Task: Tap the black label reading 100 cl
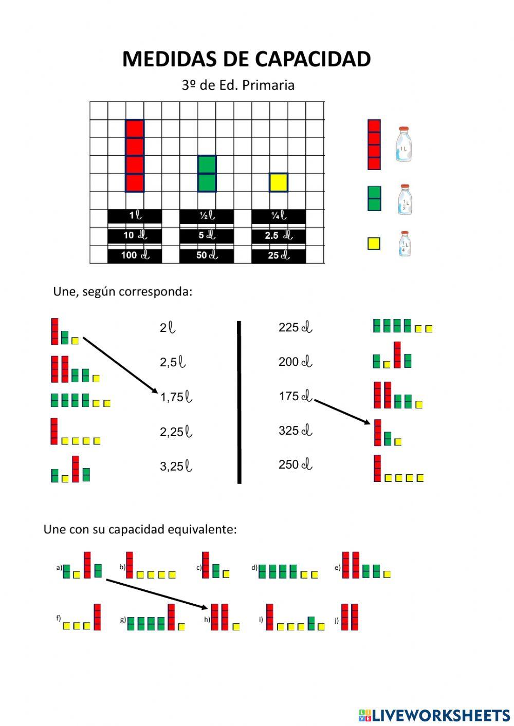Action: (135, 255)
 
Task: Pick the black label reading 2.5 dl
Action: (279, 236)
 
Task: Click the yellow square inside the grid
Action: (279, 182)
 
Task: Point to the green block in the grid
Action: (207, 174)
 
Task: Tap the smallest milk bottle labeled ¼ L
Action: (405, 244)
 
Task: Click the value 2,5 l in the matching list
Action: (173, 362)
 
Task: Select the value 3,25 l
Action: (176, 467)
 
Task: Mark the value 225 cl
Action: (295, 327)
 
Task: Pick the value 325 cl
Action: (295, 431)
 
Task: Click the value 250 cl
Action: (295, 464)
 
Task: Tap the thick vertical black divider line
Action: (239, 402)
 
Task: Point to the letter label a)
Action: (59, 568)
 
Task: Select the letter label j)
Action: (337, 620)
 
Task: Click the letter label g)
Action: (123, 620)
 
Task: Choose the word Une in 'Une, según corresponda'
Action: (64, 292)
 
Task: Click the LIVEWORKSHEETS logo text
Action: (441, 715)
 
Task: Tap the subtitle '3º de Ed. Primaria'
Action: (238, 85)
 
